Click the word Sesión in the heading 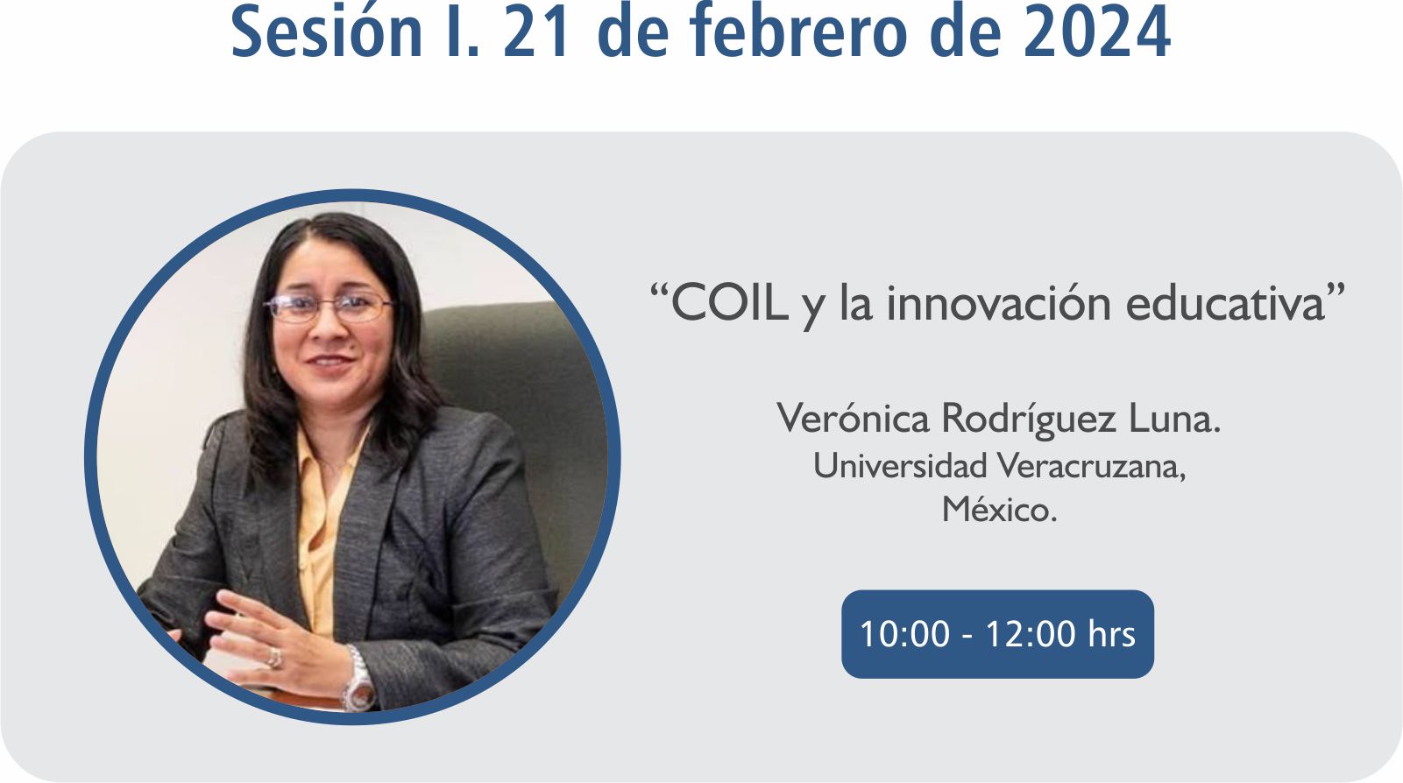pos(327,32)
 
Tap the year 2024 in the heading pos(1096,32)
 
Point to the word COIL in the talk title pos(729,304)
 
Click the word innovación pos(999,303)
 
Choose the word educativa pos(1225,303)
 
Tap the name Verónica pos(853,418)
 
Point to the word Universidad pos(900,466)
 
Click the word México pos(998,510)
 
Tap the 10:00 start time pos(905,634)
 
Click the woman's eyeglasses pos(329,307)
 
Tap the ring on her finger pos(274,658)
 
